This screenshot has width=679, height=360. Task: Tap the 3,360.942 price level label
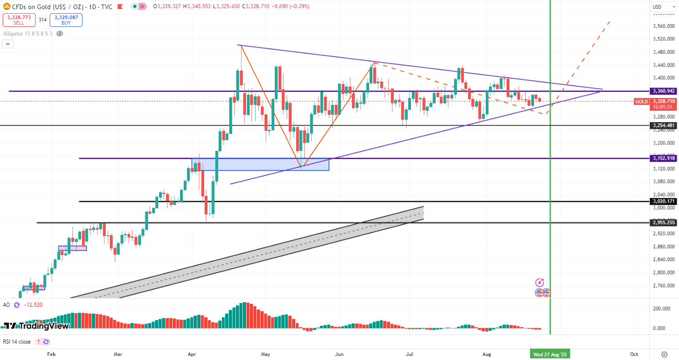664,91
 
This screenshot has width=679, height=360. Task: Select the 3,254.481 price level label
664,125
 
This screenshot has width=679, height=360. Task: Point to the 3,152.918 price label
664,159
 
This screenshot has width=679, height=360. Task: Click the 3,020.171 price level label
664,201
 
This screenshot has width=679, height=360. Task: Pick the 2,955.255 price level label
664,223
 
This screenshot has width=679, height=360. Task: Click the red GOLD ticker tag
641,101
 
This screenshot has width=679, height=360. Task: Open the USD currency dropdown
664,7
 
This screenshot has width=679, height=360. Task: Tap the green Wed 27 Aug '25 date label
550,354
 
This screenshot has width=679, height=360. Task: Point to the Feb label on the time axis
51,354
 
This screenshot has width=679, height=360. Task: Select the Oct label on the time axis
634,354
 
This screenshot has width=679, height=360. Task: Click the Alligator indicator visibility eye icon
60,33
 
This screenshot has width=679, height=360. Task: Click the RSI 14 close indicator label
17,341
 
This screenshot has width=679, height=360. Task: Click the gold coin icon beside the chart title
7,7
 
